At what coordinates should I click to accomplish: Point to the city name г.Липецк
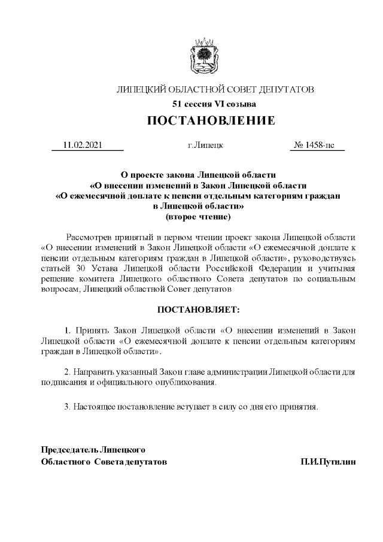pyautogui.click(x=205, y=145)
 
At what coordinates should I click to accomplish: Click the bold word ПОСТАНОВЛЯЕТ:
pyautogui.click(x=197, y=310)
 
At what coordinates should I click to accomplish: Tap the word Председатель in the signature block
pyautogui.click(x=68, y=449)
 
